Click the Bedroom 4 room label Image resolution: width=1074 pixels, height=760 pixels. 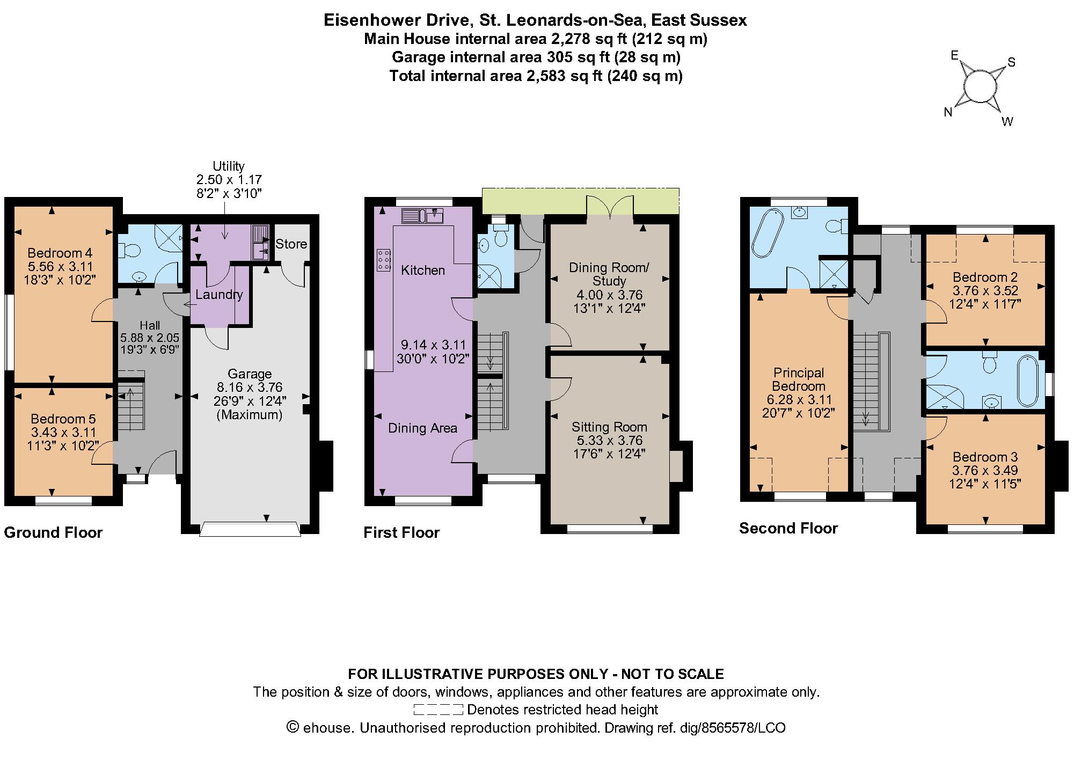point(60,253)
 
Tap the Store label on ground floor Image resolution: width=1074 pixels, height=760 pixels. point(291,244)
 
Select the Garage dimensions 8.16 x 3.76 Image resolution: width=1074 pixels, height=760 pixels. point(250,388)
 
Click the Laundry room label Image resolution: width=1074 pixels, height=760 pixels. point(219,295)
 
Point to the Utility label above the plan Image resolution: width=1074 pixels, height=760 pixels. point(229,166)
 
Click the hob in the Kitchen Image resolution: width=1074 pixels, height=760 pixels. point(384,260)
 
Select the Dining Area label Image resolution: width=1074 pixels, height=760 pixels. point(422,428)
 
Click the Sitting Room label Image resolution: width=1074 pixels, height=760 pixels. point(609,427)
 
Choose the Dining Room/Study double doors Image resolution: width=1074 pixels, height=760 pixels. point(610,209)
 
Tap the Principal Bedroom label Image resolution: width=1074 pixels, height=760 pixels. point(799,379)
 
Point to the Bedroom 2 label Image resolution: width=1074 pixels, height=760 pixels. point(985,277)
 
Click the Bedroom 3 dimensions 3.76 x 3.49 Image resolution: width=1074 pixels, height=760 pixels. point(985,471)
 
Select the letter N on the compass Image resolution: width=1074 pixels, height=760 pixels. point(948,112)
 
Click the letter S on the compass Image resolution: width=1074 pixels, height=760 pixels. point(1012,62)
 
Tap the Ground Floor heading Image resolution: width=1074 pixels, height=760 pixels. point(53,532)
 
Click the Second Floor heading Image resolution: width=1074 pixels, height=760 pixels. point(788,528)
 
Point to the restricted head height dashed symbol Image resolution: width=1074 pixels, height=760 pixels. point(438,710)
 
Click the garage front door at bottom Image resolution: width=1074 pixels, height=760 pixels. point(250,529)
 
